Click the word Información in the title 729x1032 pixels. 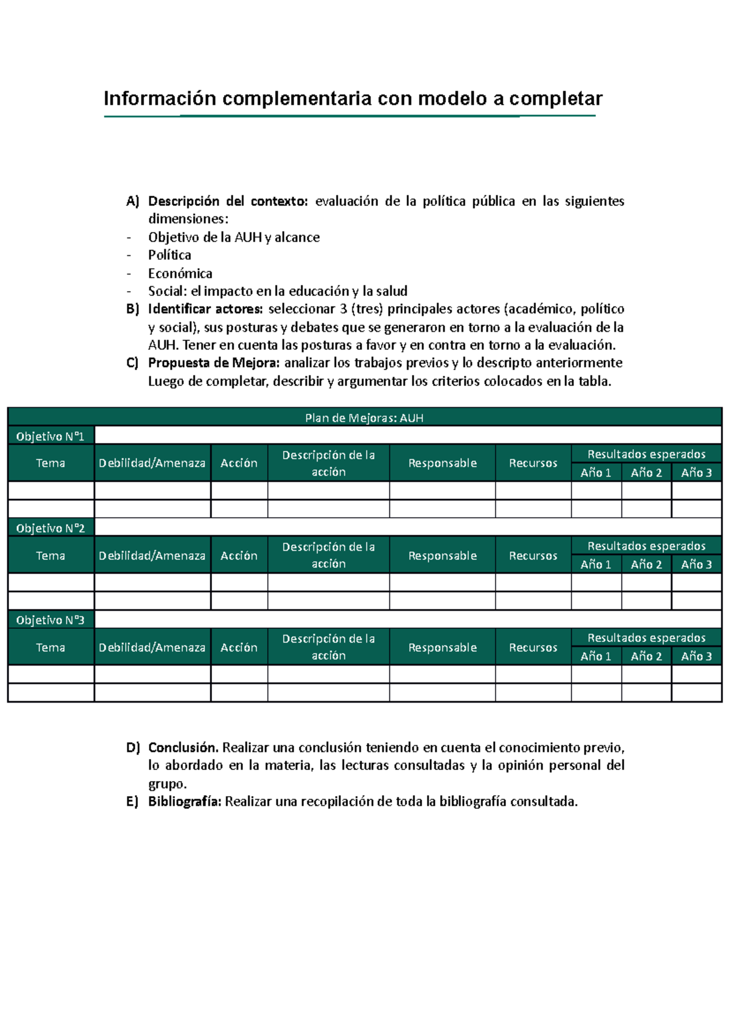tap(160, 98)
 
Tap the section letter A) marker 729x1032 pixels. tap(132, 201)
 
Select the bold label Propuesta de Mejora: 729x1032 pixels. tap(214, 363)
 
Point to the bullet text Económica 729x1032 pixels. tap(180, 273)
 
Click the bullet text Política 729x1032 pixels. tap(169, 255)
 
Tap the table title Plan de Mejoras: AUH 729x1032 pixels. tap(364, 418)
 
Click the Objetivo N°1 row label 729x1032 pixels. tap(50, 436)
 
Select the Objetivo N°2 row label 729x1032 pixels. tap(50, 528)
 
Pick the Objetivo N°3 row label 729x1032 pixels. tap(50, 620)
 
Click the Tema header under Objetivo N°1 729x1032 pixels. tap(50, 463)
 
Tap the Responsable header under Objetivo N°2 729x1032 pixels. tap(442, 556)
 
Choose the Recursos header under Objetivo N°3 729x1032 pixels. tap(533, 647)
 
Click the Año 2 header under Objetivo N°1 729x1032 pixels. tap(646, 473)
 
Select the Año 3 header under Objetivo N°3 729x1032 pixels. tap(696, 656)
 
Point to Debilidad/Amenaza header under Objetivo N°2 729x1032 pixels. tap(152, 556)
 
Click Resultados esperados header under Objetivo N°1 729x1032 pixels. tap(646, 454)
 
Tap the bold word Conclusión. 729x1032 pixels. tap(183, 748)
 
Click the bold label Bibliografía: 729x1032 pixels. tap(185, 802)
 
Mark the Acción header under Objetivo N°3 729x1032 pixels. tap(239, 647)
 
